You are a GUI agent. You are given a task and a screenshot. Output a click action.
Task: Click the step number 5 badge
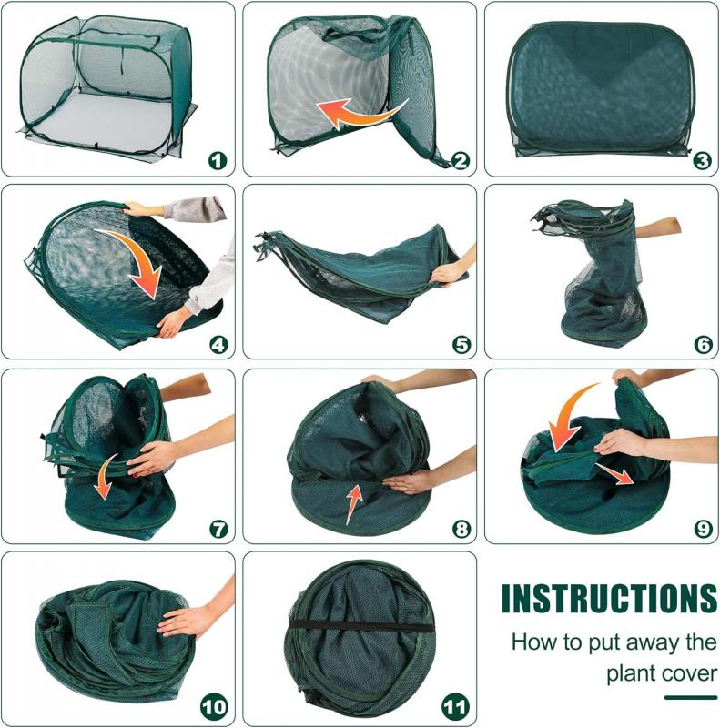tap(461, 345)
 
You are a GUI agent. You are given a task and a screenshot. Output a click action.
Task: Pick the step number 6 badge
tap(702, 345)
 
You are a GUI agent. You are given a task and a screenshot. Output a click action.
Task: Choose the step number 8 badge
tap(461, 529)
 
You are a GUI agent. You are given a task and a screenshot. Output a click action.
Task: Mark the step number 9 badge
tap(702, 529)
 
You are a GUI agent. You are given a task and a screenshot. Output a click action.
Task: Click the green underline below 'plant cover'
tap(690, 698)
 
